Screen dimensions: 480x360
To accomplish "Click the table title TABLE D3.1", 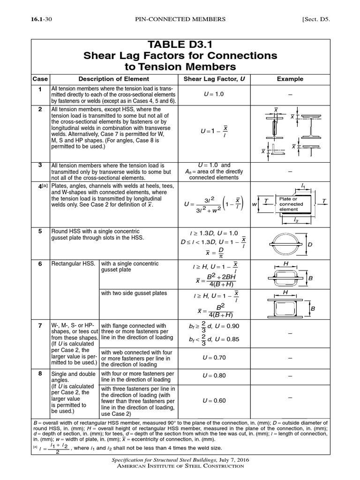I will click(x=180, y=45).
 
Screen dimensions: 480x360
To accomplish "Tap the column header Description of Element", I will click(x=113, y=79).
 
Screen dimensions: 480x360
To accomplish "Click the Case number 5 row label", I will click(x=40, y=231).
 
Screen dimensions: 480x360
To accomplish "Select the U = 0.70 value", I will click(x=214, y=357).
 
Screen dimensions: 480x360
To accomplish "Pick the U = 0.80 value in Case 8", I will click(x=214, y=376).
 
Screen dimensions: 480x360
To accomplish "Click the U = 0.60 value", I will click(x=214, y=400).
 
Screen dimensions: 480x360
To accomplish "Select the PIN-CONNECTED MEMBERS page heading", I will click(x=180, y=19).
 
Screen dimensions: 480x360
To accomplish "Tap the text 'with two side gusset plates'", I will click(x=134, y=293).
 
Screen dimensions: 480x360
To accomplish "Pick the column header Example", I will click(x=290, y=79).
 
